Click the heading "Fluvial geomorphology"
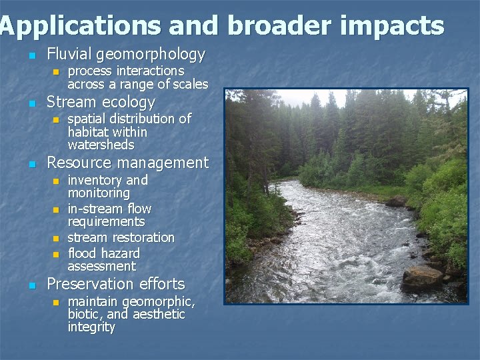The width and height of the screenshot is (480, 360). click(x=126, y=54)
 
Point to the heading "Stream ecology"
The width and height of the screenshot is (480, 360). click(x=101, y=103)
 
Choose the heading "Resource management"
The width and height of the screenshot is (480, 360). click(x=127, y=163)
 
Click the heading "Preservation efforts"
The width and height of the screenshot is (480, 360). click(x=115, y=284)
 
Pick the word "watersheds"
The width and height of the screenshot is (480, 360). click(x=101, y=145)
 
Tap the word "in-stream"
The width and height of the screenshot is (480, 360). click(x=95, y=209)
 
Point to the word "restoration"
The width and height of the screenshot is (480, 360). click(x=143, y=237)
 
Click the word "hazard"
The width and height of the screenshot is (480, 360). click(x=121, y=253)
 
